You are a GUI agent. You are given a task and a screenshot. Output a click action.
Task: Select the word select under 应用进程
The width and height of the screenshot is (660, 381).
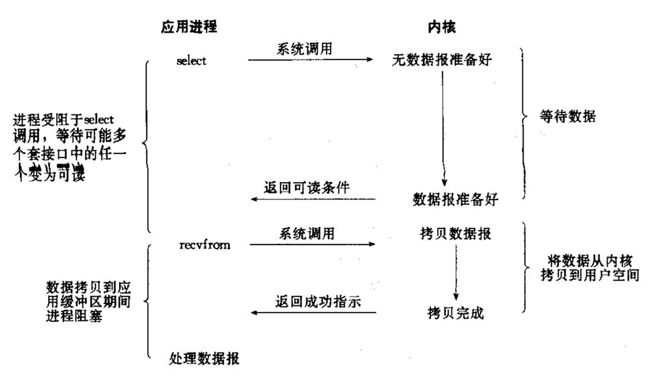click(191, 61)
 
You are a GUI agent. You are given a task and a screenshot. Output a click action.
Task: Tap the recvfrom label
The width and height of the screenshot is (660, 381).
click(205, 246)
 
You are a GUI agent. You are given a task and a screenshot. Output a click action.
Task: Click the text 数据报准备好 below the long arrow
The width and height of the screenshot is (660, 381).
click(455, 199)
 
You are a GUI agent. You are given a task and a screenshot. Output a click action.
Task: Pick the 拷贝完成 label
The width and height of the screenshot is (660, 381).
click(455, 313)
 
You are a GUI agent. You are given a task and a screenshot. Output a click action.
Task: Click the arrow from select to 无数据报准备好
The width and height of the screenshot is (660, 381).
click(310, 60)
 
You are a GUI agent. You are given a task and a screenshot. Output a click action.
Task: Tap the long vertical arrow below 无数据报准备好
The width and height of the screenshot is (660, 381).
click(443, 127)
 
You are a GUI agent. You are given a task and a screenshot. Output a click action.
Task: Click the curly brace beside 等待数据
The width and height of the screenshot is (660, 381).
click(524, 121)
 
